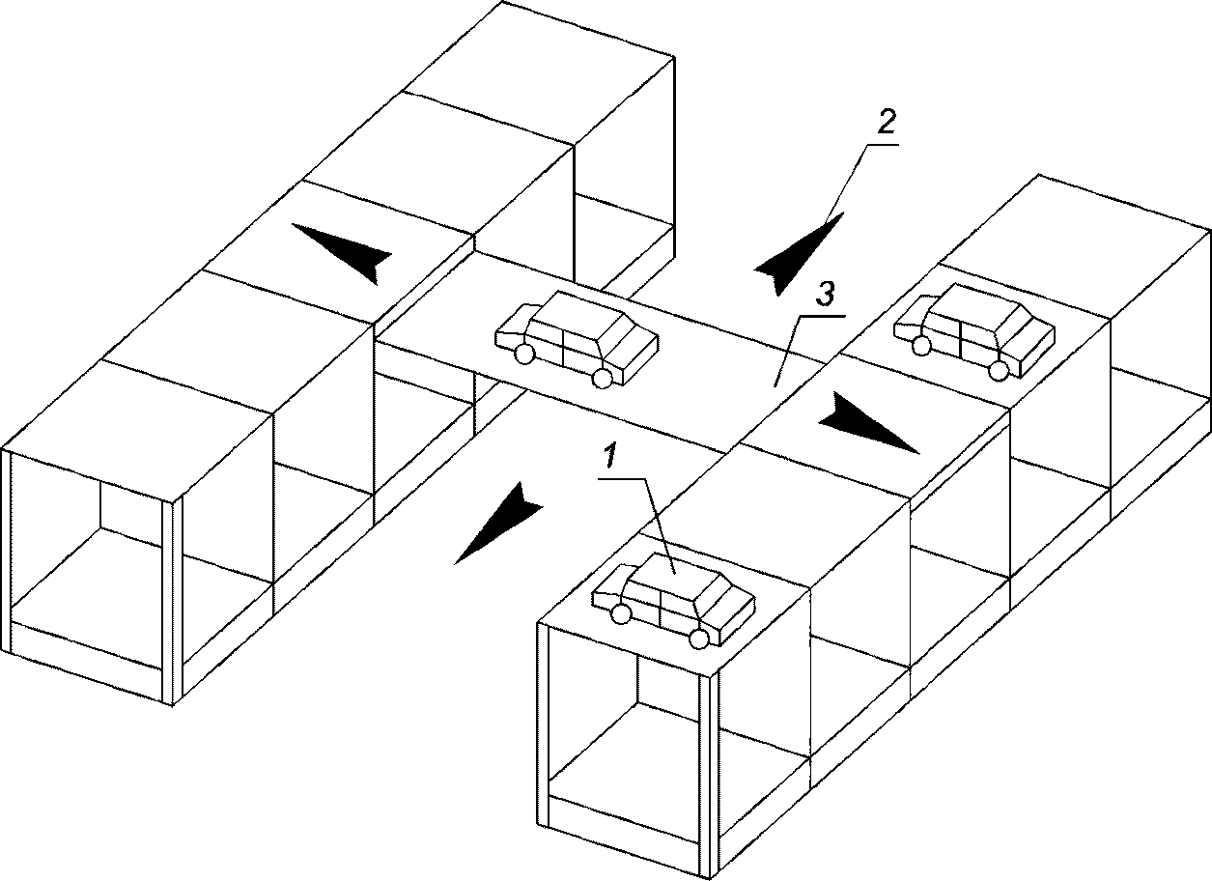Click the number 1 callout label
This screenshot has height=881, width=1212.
click(609, 454)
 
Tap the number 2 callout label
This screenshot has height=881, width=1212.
click(886, 122)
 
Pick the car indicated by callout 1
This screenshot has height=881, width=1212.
click(674, 600)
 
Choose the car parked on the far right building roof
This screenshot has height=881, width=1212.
click(973, 330)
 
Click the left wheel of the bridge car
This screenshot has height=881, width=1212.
click(523, 354)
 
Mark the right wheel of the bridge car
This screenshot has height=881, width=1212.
click(602, 379)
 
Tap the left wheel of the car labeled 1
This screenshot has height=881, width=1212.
click(621, 614)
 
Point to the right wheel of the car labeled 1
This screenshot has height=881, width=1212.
click(699, 639)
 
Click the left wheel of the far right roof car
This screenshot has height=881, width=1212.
click(921, 345)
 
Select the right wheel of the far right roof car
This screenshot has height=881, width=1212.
click(999, 370)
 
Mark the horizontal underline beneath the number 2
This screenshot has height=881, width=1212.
click(881, 145)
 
